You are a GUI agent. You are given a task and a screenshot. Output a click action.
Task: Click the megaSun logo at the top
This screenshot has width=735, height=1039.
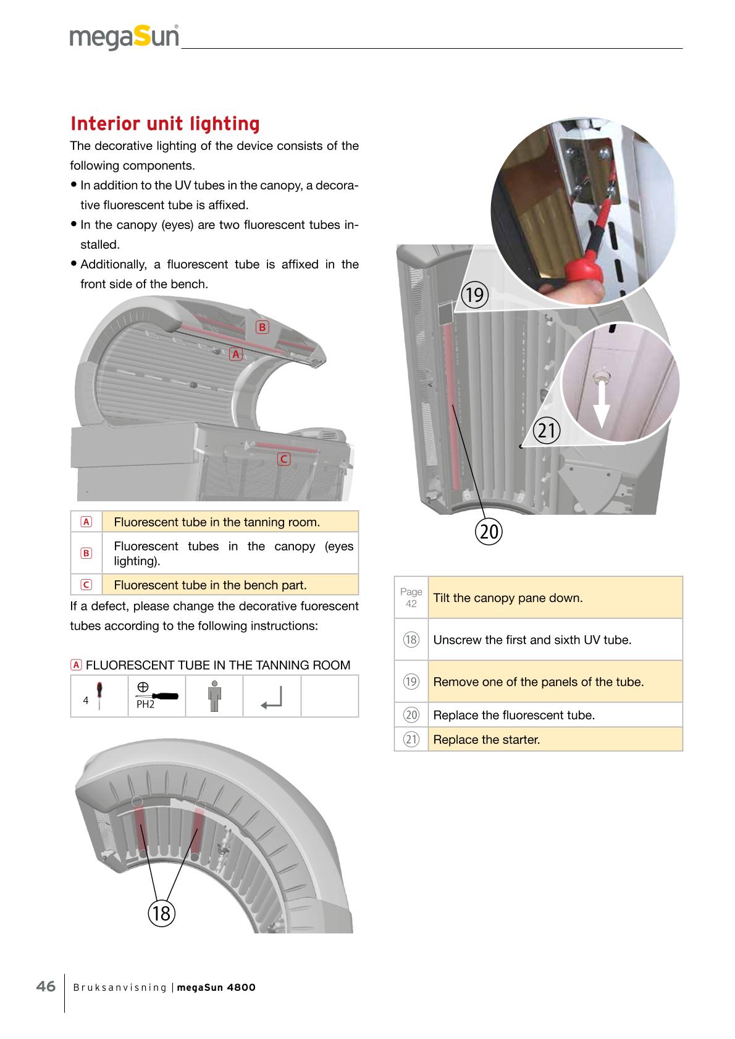click(x=124, y=37)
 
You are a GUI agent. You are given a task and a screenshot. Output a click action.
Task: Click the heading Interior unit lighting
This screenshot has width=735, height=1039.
click(x=165, y=123)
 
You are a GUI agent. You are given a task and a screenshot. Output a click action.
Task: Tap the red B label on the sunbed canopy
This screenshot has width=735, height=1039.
click(x=262, y=327)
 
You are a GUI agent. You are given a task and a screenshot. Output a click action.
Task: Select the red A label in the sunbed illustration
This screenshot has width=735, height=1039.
click(x=235, y=354)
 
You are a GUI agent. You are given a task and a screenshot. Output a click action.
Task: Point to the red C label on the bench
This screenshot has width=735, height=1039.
click(x=283, y=459)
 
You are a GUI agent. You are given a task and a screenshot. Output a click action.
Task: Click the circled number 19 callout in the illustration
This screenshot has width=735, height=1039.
click(x=474, y=294)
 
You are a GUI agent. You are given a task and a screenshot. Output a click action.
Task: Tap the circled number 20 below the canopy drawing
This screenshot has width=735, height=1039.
click(x=489, y=531)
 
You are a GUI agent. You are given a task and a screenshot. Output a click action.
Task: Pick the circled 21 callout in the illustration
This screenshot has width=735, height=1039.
click(x=547, y=430)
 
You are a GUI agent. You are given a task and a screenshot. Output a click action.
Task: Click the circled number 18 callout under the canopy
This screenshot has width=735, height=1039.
click(x=161, y=912)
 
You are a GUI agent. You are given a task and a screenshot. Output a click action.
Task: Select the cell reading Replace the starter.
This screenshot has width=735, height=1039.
click(x=555, y=739)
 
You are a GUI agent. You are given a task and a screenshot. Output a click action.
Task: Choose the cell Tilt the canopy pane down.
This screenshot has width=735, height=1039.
click(x=555, y=598)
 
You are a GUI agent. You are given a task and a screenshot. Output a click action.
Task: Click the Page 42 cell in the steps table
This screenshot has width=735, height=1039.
click(x=411, y=598)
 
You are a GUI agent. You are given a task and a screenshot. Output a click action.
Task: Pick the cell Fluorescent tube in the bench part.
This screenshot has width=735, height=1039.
click(x=230, y=585)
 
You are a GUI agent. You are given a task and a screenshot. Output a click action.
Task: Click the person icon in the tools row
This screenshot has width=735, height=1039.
click(x=214, y=696)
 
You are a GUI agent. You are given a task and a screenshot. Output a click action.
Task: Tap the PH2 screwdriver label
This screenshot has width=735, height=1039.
click(x=146, y=704)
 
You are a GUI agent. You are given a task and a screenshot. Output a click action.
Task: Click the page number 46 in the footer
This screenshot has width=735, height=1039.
click(x=46, y=987)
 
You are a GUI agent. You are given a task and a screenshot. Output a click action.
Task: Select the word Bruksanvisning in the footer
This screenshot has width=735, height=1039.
click(x=120, y=988)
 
